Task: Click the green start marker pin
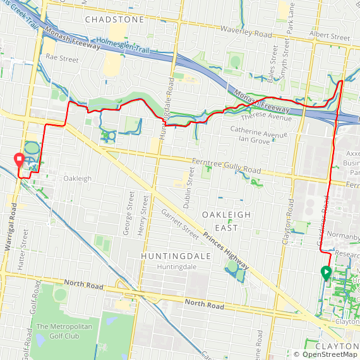[326, 273]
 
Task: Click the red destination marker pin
[20, 160]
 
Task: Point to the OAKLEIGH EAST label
[226, 221]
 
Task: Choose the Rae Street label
[62, 59]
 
